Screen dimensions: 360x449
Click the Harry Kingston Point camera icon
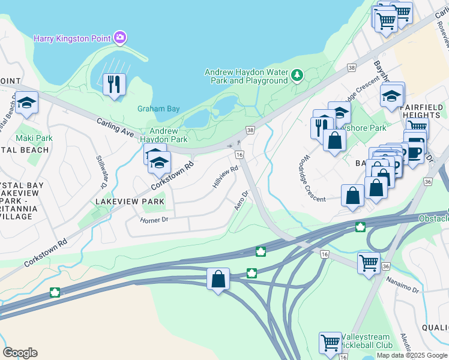pyautogui.click(x=120, y=38)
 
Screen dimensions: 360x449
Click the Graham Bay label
pyautogui.click(x=158, y=109)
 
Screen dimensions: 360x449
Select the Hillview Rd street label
pyautogui.click(x=225, y=178)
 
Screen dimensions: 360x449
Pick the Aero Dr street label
pyautogui.click(x=241, y=200)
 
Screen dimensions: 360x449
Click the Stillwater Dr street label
pyautogui.click(x=101, y=170)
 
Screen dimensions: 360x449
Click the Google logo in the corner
pyautogui.click(x=20, y=353)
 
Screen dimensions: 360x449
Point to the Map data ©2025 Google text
pyautogui.click(x=411, y=355)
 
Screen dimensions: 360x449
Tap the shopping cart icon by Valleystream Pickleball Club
pyautogui.click(x=330, y=343)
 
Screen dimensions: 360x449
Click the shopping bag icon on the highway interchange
pyautogui.click(x=218, y=278)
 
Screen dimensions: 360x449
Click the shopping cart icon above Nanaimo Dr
pyautogui.click(x=369, y=263)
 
